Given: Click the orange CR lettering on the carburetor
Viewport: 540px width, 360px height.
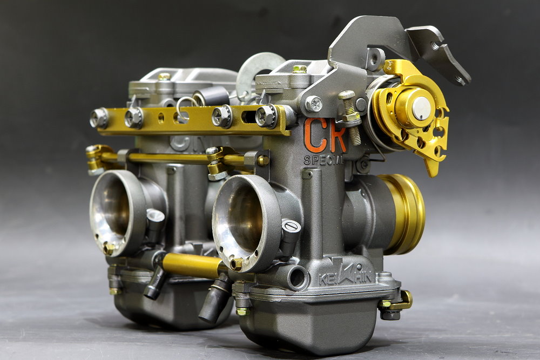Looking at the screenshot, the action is (325, 135).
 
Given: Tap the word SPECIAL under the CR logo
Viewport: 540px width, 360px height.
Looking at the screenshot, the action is (323, 160).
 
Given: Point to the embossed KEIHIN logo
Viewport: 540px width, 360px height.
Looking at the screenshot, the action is (345, 275).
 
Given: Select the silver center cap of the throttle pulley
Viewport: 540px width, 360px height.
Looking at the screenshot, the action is (422, 108).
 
